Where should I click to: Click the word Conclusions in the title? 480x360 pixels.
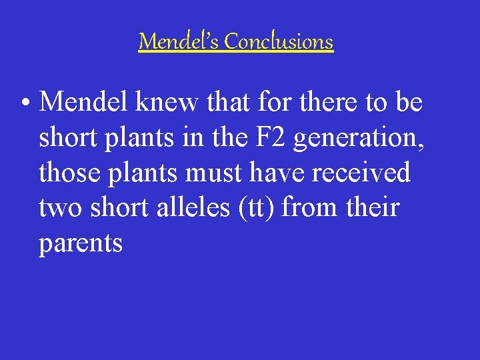click(279, 42)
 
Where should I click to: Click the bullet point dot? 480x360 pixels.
click(25, 104)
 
